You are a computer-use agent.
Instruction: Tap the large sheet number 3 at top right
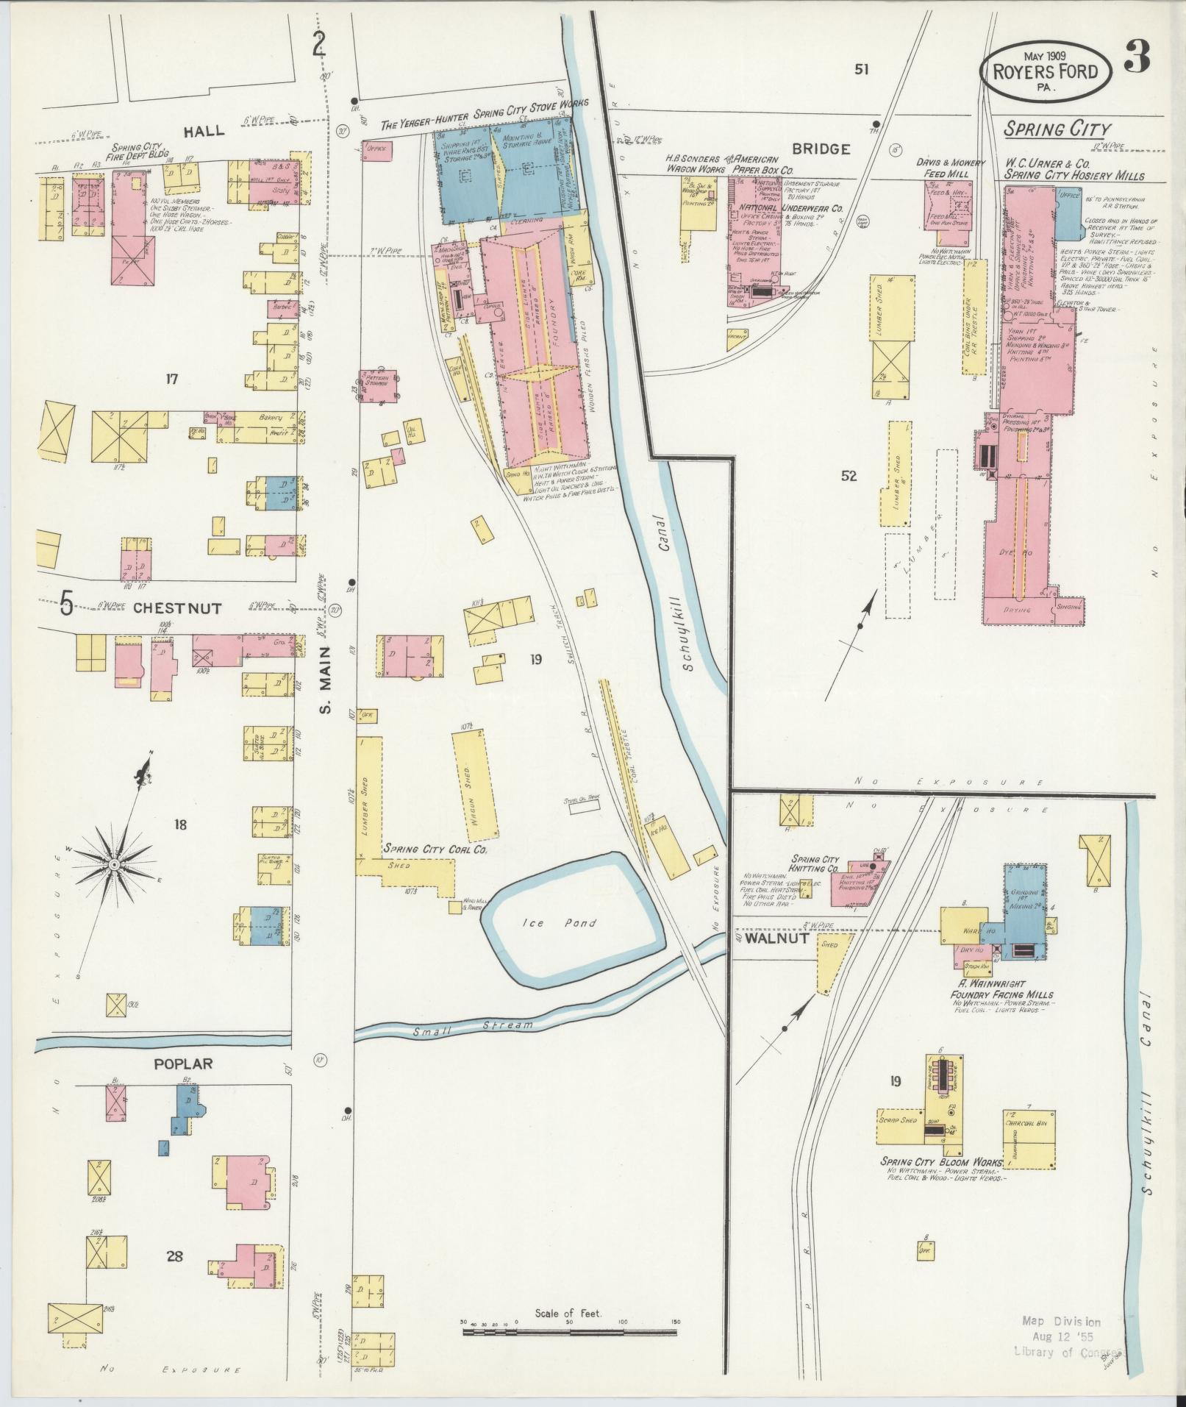[1137, 59]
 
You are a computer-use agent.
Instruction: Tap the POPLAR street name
[182, 1063]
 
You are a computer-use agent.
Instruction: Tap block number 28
[174, 1256]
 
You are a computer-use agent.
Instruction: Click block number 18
[180, 824]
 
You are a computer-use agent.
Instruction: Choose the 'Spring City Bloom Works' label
[942, 1183]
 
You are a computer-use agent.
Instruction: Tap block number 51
[861, 69]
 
